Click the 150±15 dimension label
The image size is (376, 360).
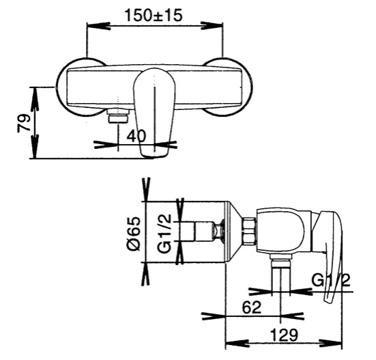[154, 15]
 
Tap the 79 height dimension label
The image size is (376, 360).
[24, 124]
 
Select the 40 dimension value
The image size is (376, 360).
[136, 136]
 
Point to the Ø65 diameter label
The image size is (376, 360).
[134, 234]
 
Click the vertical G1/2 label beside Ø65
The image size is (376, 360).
[164, 234]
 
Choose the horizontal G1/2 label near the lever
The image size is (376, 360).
[331, 280]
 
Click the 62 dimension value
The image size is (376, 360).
[252, 307]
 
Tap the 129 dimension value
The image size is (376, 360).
[284, 335]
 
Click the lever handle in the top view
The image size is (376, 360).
[154, 113]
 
